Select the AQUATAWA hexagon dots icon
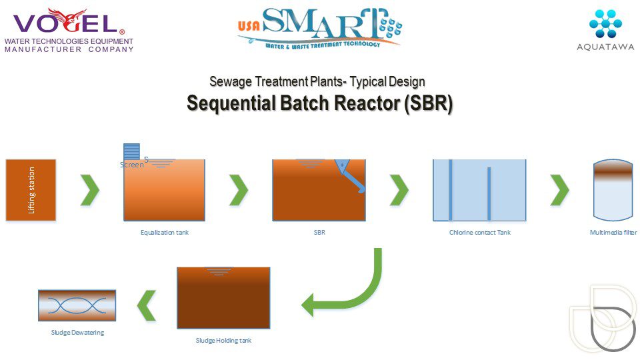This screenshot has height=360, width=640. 605,23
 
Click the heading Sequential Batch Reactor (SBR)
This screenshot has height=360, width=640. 319,104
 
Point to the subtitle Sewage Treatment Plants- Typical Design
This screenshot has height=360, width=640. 317,82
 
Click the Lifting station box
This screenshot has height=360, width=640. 31,190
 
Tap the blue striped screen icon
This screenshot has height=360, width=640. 131,152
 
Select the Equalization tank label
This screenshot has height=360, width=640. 164,233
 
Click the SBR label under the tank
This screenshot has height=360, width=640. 319,233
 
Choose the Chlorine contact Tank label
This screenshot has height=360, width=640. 479,233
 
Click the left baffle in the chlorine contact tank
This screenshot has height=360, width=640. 451,190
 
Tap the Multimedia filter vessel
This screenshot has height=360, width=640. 612,190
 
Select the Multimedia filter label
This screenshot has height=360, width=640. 613,233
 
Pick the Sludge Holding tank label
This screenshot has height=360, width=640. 223,341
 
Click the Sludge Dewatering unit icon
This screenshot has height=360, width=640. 77,305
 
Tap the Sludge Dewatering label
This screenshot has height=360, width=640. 77,332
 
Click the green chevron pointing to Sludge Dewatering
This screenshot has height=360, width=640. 146,305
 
